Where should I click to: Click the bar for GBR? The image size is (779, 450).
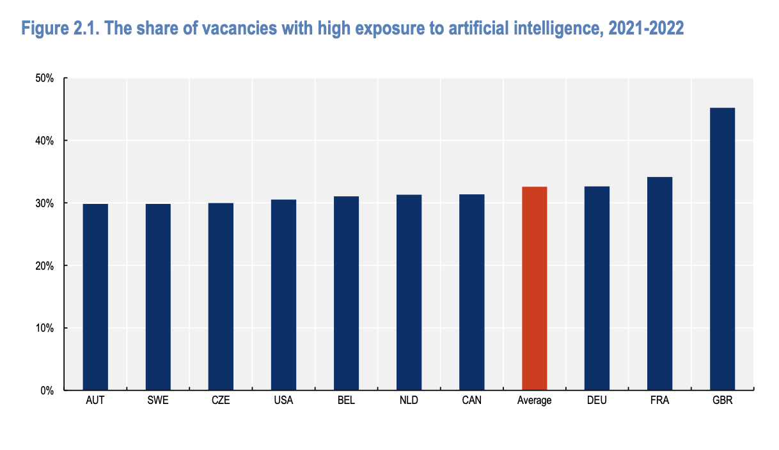722,249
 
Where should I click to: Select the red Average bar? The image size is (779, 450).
534,288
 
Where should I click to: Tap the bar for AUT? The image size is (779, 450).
95,297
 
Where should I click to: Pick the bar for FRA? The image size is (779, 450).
659,284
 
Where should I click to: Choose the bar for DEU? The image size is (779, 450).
597,288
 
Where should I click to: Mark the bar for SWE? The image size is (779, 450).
158,297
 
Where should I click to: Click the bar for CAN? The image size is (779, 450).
471,292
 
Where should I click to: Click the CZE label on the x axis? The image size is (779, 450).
221,401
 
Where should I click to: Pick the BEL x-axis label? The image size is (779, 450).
346,401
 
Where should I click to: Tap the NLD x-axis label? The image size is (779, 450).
409,401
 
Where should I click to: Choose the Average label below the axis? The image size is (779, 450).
534,401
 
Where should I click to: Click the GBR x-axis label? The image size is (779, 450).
722,401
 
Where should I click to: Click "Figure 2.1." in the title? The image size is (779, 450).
59,29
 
